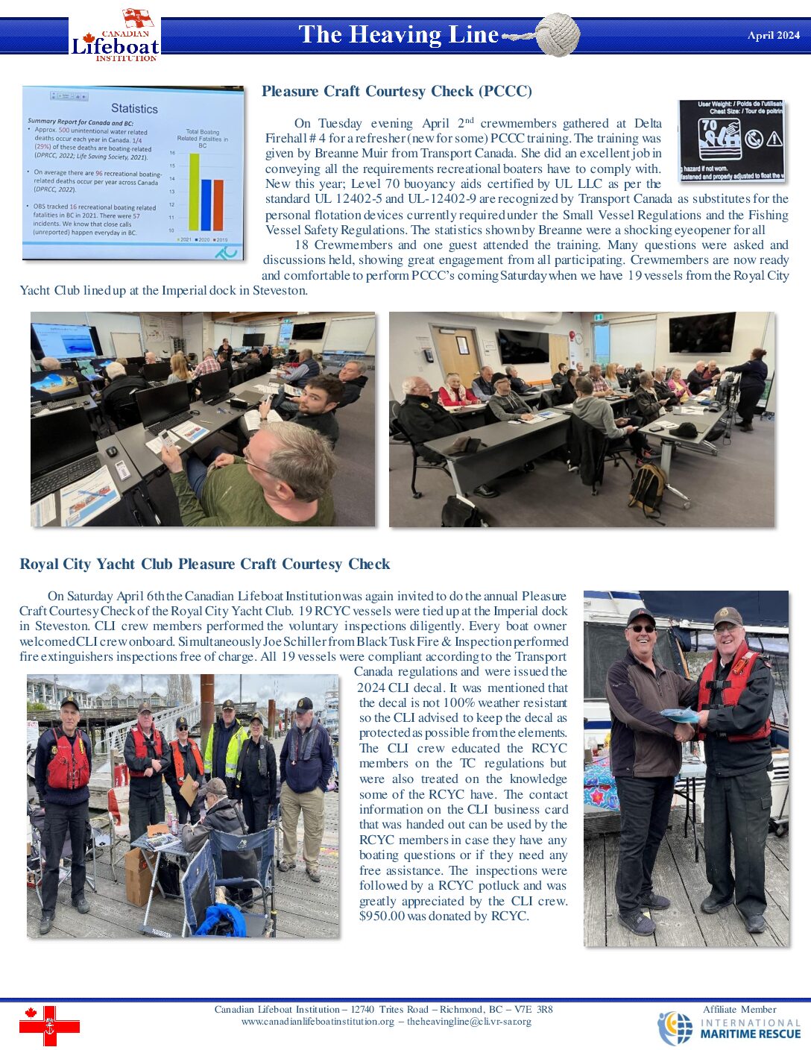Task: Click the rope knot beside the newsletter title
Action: pos(557,34)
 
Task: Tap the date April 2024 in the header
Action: pos(773,35)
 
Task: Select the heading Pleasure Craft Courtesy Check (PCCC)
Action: pos(397,91)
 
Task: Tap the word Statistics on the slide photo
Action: pos(134,108)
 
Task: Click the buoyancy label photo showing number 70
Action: pos(731,140)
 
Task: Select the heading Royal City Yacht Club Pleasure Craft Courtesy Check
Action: pos(205,564)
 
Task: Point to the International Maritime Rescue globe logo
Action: pos(675,1028)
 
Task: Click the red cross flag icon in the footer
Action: pos(49,1025)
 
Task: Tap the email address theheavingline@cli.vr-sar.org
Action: pos(469,1022)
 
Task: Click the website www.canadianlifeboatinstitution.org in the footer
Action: pos(318,1022)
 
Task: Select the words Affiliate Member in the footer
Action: pos(739,1009)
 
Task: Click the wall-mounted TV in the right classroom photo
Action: pos(701,333)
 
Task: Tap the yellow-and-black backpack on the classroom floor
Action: pos(646,488)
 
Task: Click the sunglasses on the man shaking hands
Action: pos(641,629)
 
